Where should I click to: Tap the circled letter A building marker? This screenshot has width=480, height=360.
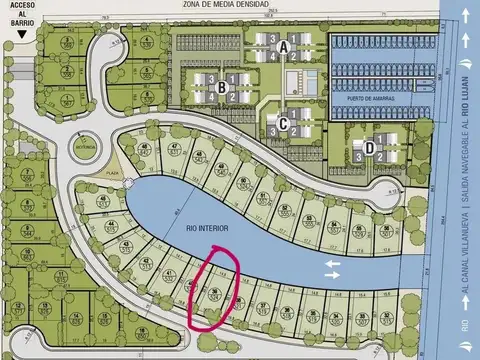(284, 47)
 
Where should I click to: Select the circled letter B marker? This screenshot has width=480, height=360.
(218, 88)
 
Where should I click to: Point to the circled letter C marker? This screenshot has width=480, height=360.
(284, 124)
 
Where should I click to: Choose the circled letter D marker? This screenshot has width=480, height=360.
(369, 148)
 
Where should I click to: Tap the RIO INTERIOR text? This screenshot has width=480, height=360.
(206, 227)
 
